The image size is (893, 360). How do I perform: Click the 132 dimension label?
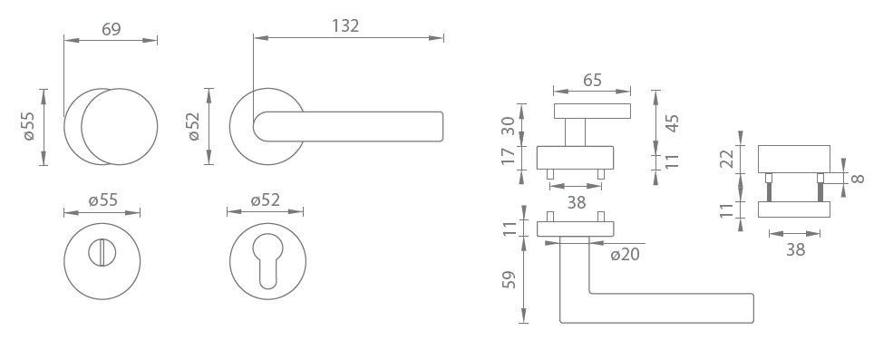(x=345, y=25)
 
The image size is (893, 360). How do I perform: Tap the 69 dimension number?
(x=111, y=29)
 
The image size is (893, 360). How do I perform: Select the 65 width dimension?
(x=592, y=80)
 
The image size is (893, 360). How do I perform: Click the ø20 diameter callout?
(x=626, y=254)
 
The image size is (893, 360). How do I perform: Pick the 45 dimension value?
(x=672, y=123)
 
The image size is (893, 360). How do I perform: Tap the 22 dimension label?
(x=727, y=159)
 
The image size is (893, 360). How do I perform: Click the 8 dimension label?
(x=858, y=179)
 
